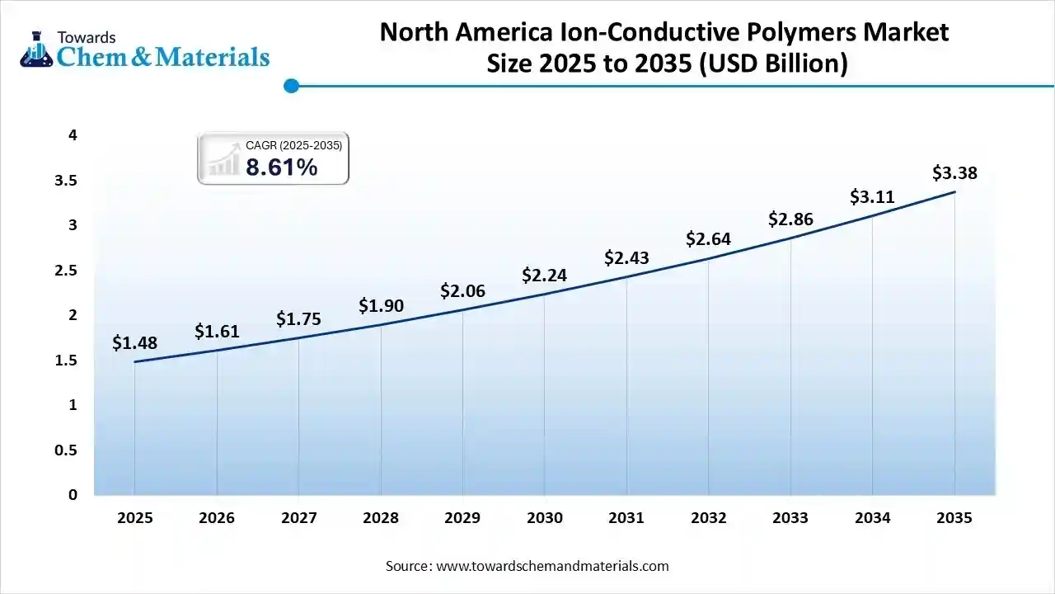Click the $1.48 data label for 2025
coord(134,343)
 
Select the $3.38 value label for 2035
coord(955,172)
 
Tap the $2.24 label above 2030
coord(545,275)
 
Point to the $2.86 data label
coord(790,219)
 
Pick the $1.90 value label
coord(381,305)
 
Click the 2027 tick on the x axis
coord(298,518)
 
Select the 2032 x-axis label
coord(709,518)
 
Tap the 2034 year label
coord(873,518)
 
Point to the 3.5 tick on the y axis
coord(66,180)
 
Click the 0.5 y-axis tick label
coord(66,450)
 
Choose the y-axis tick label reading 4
coord(73,134)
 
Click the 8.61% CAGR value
coord(281,167)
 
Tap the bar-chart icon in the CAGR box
coord(222,158)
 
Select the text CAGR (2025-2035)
coord(293,145)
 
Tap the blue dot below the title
coord(290,85)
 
